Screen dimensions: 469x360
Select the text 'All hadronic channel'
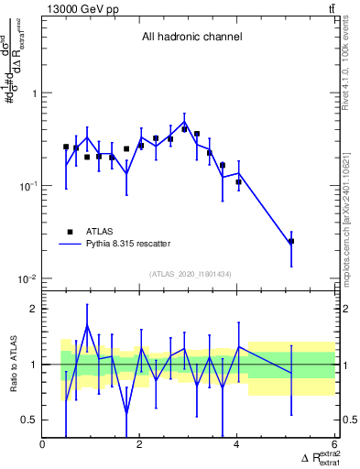tap(191, 38)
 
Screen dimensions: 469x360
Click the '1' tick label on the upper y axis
tap(33, 93)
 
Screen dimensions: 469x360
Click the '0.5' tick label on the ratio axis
tap(28, 420)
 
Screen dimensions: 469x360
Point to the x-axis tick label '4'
tap(237, 445)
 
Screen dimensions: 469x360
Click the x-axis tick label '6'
tap(334, 445)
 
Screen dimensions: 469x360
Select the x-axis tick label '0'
tap(43, 445)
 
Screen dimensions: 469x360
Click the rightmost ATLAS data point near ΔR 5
tap(291, 242)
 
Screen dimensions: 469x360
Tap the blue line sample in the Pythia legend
tap(70, 245)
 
